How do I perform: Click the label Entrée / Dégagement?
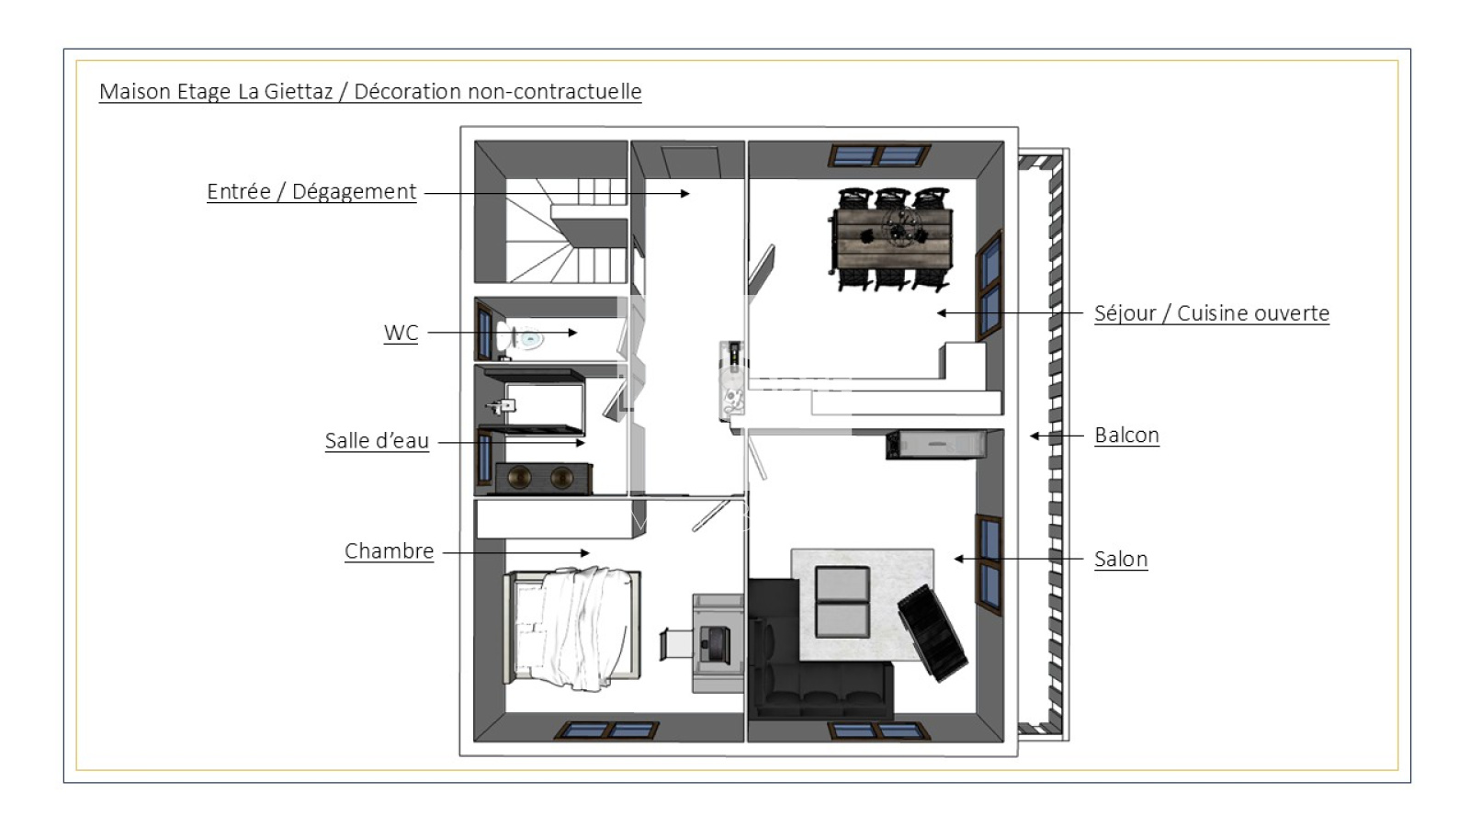[311, 192]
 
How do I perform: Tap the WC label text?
[401, 333]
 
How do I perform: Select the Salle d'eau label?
[377, 440]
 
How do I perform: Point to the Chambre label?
[390, 550]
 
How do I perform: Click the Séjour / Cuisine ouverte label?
[1212, 313]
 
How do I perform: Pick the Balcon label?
[1126, 436]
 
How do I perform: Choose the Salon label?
[1121, 560]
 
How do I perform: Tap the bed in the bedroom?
[571, 629]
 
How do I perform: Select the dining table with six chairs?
[892, 239]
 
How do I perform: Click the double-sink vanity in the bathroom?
[543, 478]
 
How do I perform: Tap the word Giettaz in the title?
[299, 91]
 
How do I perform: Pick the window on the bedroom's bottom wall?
[607, 731]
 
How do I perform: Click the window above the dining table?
[879, 156]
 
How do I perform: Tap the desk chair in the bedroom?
[676, 643]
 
